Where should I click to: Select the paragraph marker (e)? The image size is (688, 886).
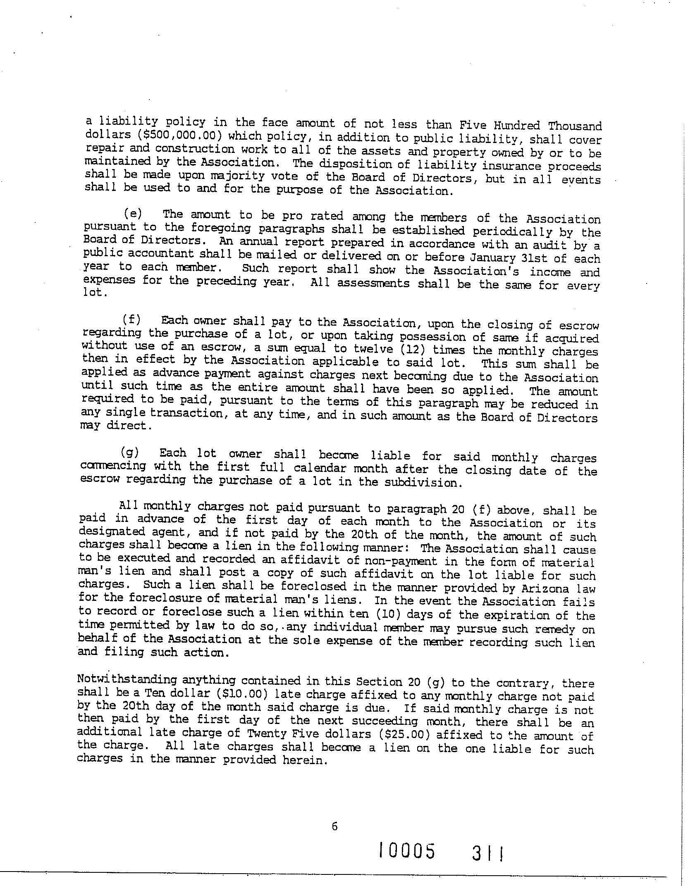point(133,214)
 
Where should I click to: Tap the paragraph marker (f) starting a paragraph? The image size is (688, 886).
point(131,319)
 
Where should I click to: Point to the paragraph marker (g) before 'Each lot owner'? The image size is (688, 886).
point(130,453)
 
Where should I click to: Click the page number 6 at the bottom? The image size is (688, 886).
point(334,826)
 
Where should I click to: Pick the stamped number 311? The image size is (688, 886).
point(488,854)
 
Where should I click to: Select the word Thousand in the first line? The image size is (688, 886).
point(574,126)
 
